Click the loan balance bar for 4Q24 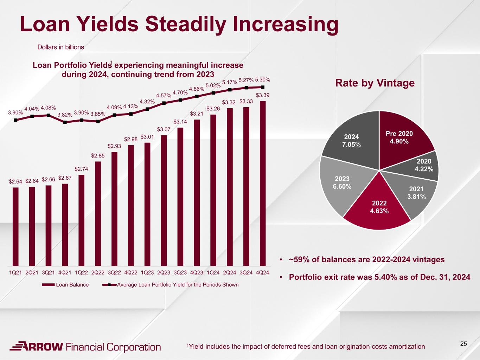coord(263,184)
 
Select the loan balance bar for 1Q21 coord(15,227)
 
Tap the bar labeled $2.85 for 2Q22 coord(98,214)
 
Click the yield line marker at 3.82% coord(65,122)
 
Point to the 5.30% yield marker coord(263,87)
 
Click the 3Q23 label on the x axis coord(180,272)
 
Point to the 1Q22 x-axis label coord(81,272)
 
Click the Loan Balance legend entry coord(65,285)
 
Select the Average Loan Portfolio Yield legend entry coord(170,285)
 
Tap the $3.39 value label coord(263,95)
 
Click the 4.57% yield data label coord(164,96)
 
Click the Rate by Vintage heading coord(375,83)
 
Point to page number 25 coord(463,344)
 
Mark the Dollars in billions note coord(60,47)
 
